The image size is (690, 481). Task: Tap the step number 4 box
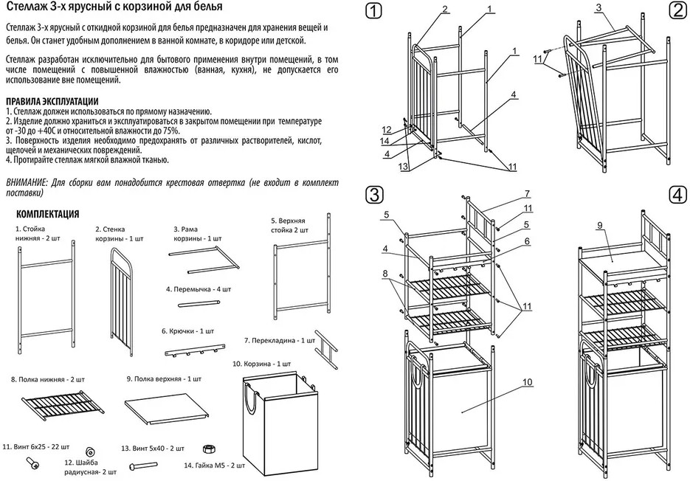677,195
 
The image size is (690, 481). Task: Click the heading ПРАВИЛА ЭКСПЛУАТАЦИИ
51,101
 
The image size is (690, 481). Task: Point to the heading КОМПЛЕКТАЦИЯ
47,215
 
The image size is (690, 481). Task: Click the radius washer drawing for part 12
91,451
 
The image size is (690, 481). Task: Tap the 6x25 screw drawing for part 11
32,463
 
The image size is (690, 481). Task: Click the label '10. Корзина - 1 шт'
261,364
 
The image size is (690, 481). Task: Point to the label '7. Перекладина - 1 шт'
280,341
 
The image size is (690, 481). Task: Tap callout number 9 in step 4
599,225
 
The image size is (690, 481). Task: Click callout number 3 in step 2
599,7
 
